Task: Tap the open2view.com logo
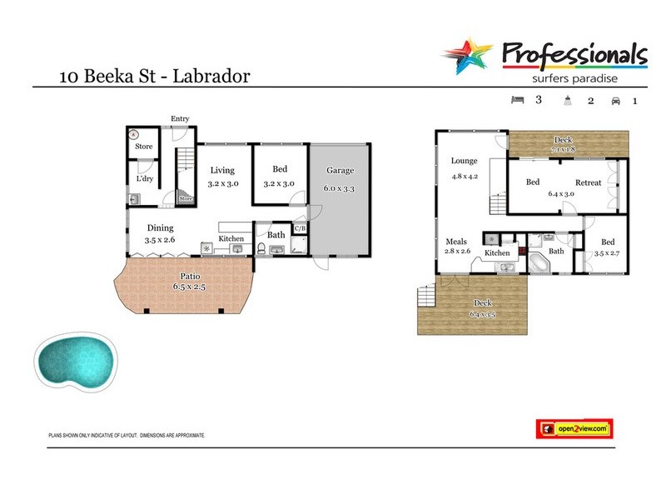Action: click(573, 428)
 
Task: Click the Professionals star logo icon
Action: click(469, 56)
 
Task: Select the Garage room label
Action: click(340, 171)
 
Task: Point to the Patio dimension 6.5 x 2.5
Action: click(189, 287)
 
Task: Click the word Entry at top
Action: click(180, 119)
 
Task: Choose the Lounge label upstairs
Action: click(464, 161)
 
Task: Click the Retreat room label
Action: click(588, 182)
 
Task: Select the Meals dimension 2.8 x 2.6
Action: click(457, 251)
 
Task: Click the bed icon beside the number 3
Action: click(517, 100)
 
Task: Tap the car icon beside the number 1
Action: click(616, 101)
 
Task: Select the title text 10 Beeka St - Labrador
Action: click(154, 77)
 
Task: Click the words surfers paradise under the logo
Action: click(574, 79)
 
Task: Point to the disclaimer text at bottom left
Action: click(127, 435)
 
